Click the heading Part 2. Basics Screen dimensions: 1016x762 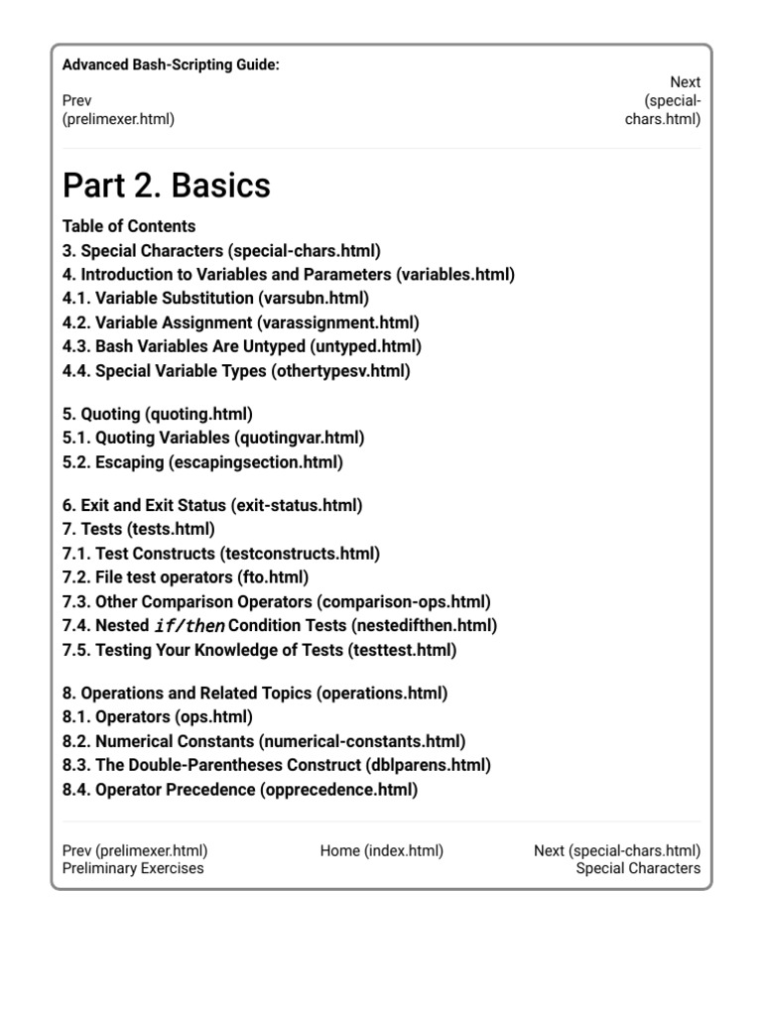166,186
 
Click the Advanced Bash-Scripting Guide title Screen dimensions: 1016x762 171,64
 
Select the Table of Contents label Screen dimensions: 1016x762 129,225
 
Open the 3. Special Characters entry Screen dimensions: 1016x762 221,250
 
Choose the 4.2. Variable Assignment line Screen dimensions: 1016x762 240,322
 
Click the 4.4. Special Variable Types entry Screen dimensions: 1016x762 236,371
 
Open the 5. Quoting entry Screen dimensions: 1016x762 157,413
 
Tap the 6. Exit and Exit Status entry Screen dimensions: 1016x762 212,505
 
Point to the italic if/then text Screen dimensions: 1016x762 190,626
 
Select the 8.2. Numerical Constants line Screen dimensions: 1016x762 263,741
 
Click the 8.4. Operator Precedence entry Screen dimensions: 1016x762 239,790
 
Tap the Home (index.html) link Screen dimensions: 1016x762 381,850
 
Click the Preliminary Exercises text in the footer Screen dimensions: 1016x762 133,868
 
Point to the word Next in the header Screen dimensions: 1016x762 685,82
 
